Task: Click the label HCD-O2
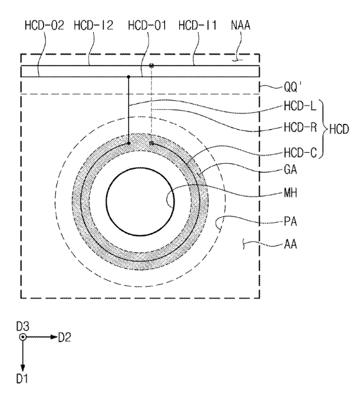pyautogui.click(x=44, y=26)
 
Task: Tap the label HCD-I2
pyautogui.click(x=94, y=26)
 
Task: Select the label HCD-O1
pyautogui.click(x=147, y=26)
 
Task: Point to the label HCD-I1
pyautogui.click(x=197, y=26)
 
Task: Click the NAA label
pyautogui.click(x=241, y=26)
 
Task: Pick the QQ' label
pyautogui.click(x=293, y=87)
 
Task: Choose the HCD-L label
pyautogui.click(x=300, y=106)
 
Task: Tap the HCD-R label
pyautogui.click(x=300, y=127)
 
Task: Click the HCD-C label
pyautogui.click(x=300, y=153)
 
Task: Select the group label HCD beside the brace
pyautogui.click(x=339, y=129)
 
